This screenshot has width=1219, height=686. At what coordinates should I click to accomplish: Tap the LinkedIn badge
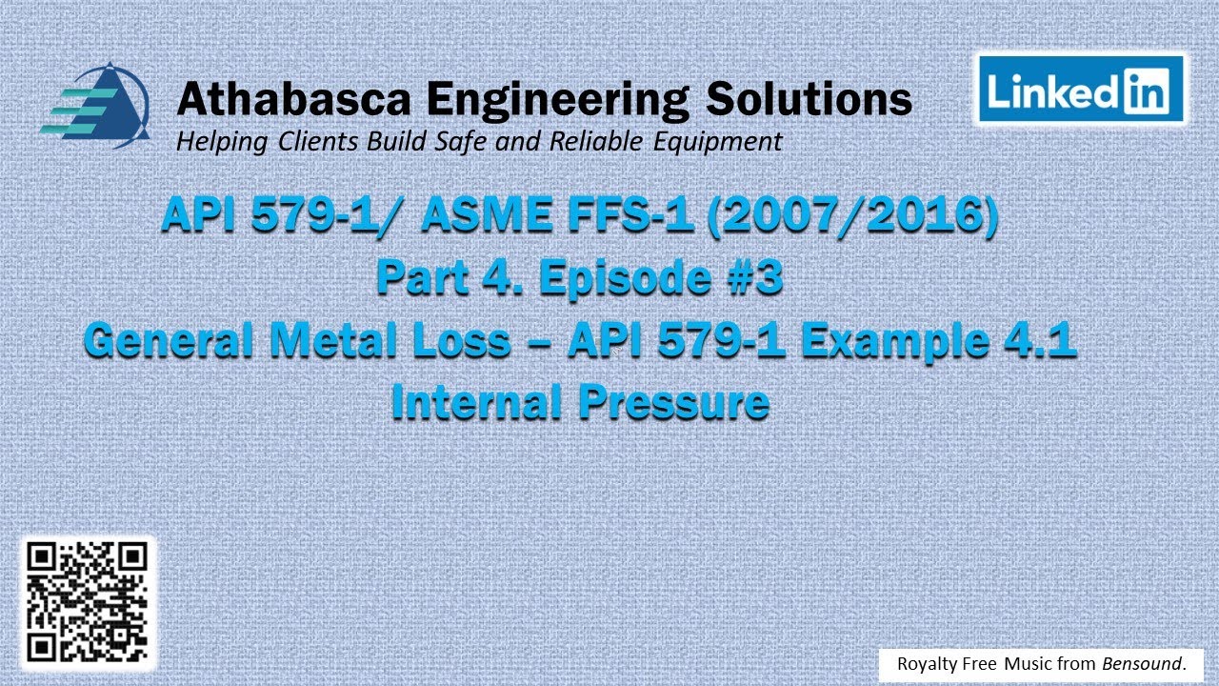[1080, 90]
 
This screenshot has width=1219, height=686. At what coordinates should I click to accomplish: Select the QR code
[87, 603]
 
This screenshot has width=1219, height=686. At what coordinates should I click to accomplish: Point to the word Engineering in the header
[556, 99]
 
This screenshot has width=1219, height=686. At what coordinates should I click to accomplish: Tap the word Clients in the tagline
[320, 143]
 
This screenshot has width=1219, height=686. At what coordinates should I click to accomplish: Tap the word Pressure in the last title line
[672, 403]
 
